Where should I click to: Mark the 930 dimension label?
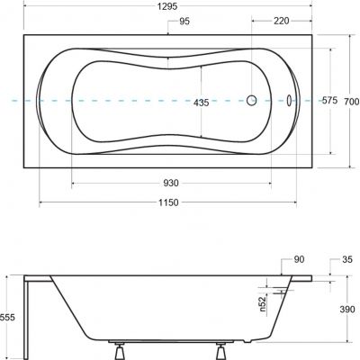coord(171,184)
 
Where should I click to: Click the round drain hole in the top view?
coord(253,102)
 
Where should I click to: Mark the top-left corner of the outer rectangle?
coord(23,34)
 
